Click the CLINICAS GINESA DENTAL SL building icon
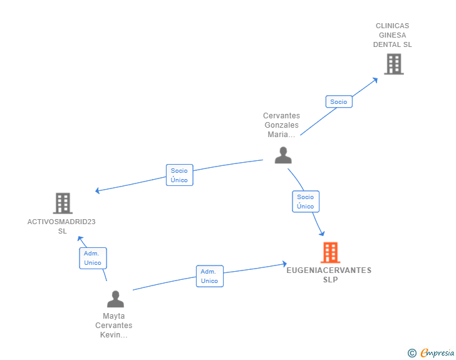pos(394,64)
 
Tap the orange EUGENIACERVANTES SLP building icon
pos(330,252)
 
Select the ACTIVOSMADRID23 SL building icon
pos(63,203)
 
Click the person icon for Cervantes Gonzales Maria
pos(283,155)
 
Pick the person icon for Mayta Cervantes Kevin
pos(115,299)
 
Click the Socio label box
pos(339,102)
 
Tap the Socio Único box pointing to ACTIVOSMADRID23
pos(179,175)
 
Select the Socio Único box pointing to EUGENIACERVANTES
pos(306,202)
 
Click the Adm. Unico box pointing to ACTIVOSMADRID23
pos(93,258)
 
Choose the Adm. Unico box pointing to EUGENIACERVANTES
pos(210,276)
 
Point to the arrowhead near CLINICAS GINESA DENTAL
pos(375,80)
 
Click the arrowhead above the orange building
pos(322,233)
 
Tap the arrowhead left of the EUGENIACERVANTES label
pos(285,264)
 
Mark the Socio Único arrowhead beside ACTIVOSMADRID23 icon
pos(98,190)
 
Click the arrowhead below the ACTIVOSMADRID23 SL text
pos(80,239)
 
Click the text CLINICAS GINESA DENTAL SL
pos(392,35)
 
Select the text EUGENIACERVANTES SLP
pos(329,275)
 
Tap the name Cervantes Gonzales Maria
pos(281,125)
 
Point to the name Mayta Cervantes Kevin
pos(114,326)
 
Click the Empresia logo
pos(431,352)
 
